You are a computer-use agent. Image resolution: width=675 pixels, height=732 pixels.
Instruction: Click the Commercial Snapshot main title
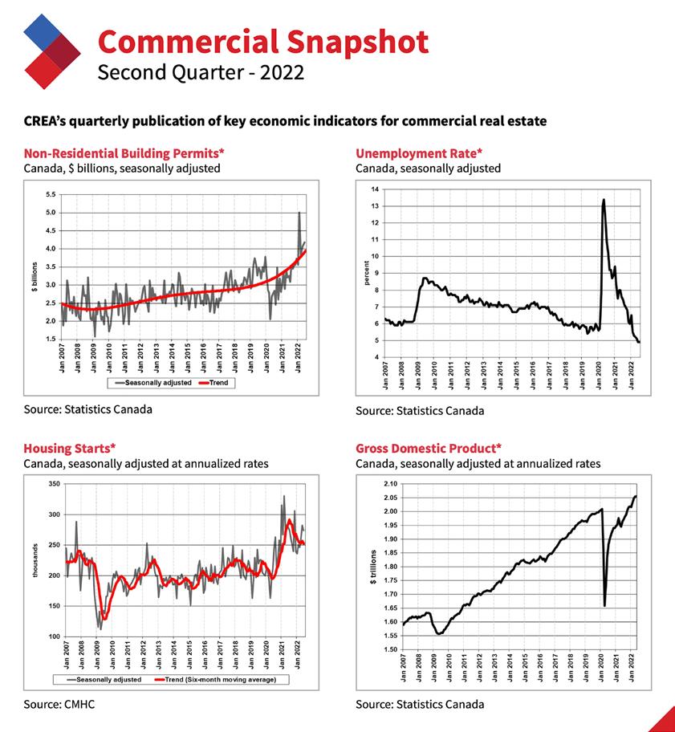[x=262, y=41]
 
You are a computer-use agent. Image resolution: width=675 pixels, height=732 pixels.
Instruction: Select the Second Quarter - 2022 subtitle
[x=200, y=73]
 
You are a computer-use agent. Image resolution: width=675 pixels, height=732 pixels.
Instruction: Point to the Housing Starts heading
[x=70, y=448]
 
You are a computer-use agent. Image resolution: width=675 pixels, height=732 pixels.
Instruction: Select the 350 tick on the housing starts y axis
[x=55, y=484]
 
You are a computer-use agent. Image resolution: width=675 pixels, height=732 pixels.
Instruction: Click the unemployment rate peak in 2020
[x=603, y=200]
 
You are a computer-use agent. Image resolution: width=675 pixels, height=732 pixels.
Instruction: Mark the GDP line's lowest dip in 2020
[x=604, y=605]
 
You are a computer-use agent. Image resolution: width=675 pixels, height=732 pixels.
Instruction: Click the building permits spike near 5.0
[x=299, y=213]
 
